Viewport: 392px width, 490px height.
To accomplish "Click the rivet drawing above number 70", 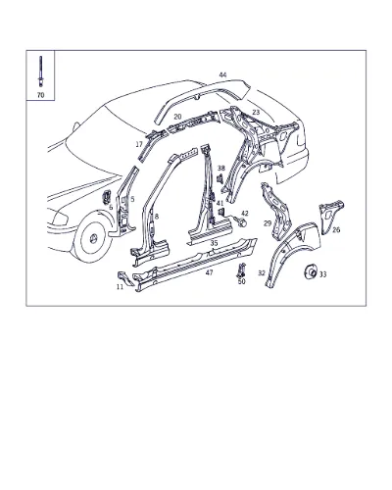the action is pos(40,72).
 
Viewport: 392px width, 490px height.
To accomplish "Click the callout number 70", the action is pos(40,95).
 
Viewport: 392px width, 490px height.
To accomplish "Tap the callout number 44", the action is pos(222,74).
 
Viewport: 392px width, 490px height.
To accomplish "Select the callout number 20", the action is pos(177,117).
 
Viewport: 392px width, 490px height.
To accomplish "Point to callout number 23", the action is pos(256,113).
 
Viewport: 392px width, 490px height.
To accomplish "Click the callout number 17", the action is pos(139,144).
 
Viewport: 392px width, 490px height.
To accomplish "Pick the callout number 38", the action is pos(221,169).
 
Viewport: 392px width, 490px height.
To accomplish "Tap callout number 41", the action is pos(220,203).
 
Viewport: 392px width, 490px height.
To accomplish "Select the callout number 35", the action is pos(214,243).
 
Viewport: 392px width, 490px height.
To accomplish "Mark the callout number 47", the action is pos(210,272).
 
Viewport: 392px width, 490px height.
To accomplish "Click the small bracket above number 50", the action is pos(241,270).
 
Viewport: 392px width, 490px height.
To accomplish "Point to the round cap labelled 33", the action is pos(310,271).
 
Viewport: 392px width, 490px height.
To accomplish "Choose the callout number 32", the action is pos(262,272).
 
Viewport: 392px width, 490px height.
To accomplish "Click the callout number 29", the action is pos(268,223).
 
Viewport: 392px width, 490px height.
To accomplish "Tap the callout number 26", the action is pos(336,229).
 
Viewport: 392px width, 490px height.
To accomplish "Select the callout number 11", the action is pos(120,287).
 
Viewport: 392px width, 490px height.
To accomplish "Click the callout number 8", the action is pos(157,217).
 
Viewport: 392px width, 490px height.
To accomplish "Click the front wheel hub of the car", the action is pos(93,239).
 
